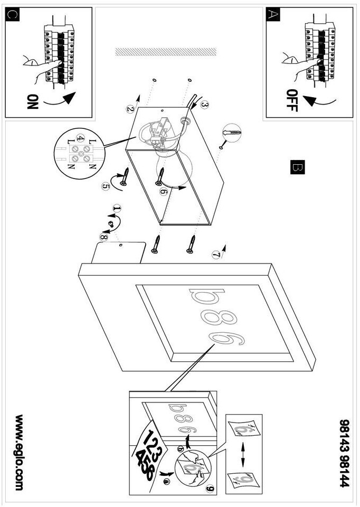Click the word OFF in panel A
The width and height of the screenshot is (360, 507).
[x=292, y=100]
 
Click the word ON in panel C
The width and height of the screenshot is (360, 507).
[x=33, y=102]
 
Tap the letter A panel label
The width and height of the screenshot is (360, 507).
[x=272, y=15]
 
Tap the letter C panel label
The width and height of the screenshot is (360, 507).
[x=13, y=15]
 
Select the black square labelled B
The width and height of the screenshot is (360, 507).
[x=297, y=167]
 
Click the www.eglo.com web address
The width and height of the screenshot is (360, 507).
[x=20, y=453]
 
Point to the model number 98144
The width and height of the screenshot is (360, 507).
[x=345, y=471]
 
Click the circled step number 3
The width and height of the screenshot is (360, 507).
[x=204, y=105]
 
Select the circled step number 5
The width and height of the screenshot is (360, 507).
[x=106, y=186]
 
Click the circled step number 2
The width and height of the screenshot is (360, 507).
[x=130, y=109]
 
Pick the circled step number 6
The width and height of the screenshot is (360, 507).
[x=164, y=191]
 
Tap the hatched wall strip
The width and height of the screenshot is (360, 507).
[x=166, y=52]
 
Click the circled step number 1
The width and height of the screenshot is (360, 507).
[x=117, y=209]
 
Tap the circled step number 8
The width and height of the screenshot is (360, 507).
[x=103, y=237]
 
